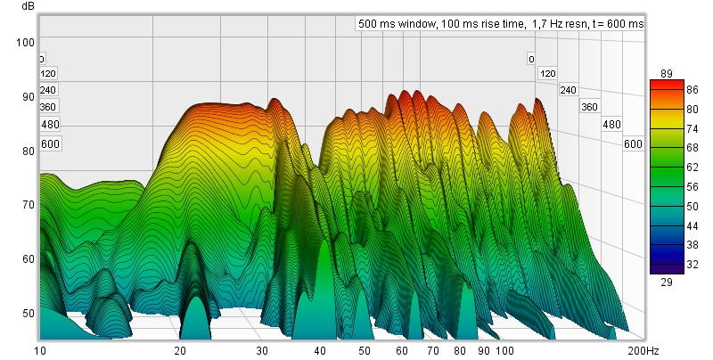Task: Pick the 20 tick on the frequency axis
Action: (181, 352)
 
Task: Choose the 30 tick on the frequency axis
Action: (262, 352)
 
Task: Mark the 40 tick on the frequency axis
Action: (320, 352)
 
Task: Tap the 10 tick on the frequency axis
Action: (38, 352)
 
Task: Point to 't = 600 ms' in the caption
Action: (619, 24)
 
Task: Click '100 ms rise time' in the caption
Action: (482, 24)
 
